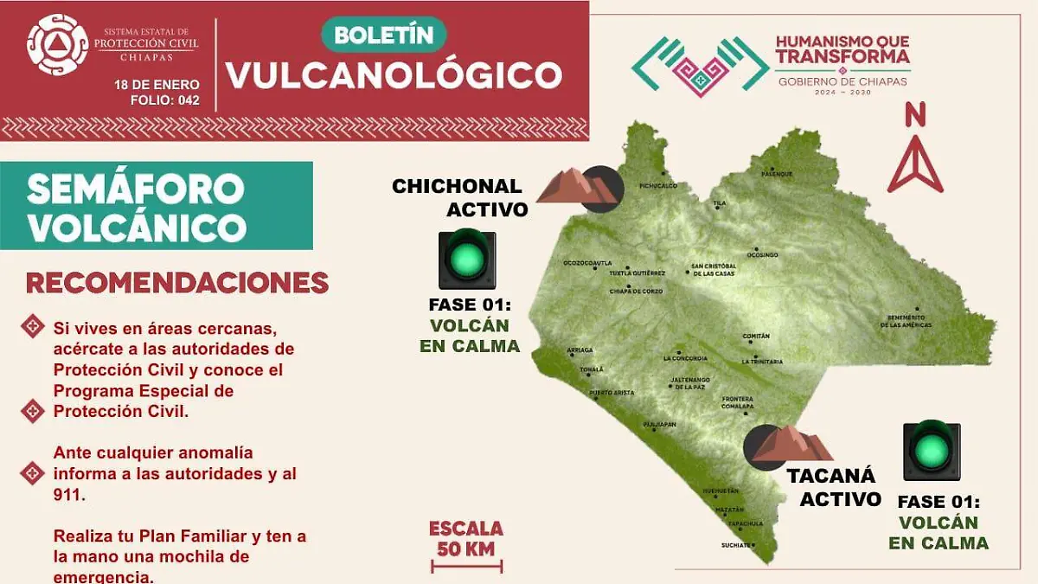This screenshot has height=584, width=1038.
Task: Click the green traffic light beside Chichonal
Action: pos(467,259)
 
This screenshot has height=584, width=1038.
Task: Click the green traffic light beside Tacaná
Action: pos(932,450)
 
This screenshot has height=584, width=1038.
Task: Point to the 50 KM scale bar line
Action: pos(466,567)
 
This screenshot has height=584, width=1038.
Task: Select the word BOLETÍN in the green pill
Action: pos(383,35)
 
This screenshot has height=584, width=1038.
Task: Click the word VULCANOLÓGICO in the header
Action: pos(394,75)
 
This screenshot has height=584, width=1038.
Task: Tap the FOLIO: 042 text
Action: pos(165,100)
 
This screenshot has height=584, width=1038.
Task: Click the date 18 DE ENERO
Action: pos(157,85)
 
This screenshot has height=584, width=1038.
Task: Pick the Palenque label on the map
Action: pos(776,174)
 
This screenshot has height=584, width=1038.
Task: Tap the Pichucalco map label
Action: pos(657,185)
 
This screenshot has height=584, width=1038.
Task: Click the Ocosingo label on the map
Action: pos(763,255)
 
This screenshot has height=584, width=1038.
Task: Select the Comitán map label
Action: pos(756,336)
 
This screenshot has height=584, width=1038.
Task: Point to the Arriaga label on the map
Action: pos(579,350)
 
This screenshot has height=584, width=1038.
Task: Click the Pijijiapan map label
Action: pos(659,425)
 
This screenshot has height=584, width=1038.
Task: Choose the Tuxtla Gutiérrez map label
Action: pos(637,273)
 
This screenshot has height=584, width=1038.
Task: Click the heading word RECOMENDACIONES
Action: pos(177,283)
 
